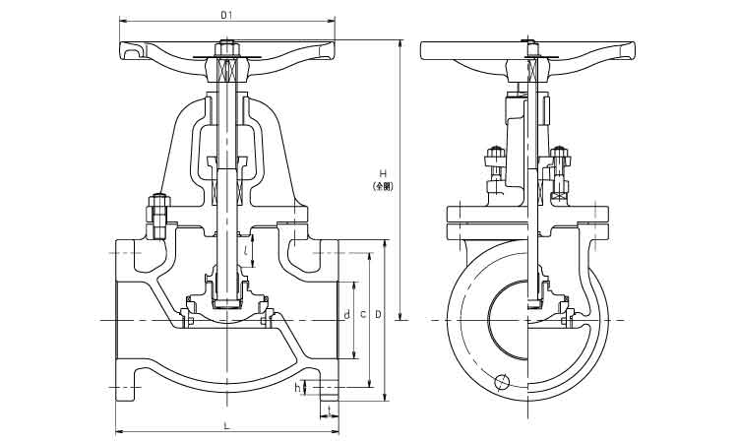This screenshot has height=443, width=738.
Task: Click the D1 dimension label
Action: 226,15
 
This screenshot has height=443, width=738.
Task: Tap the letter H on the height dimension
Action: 382,173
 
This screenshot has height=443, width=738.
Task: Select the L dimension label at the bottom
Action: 226,425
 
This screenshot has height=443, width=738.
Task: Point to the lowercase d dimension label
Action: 346,314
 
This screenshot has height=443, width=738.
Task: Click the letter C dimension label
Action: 363,314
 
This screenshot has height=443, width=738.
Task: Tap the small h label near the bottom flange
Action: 297,388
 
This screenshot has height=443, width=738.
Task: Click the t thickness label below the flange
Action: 328,407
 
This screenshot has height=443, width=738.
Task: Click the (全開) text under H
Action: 382,185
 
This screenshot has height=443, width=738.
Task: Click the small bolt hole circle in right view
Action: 504,382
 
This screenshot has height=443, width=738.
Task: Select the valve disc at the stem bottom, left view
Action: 227,298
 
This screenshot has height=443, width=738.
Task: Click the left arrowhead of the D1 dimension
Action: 121,21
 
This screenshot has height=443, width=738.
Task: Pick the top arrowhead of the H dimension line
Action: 400,42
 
